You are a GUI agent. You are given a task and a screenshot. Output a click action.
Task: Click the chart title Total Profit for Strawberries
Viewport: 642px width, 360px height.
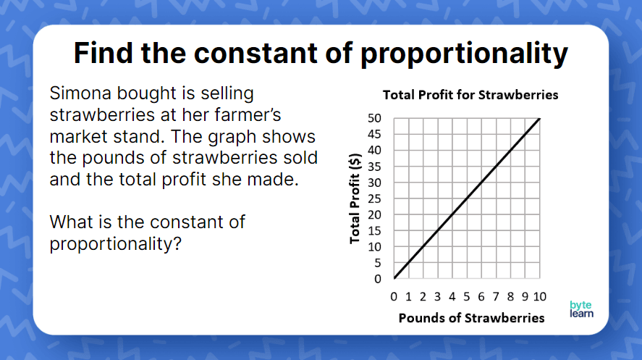[x=470, y=95]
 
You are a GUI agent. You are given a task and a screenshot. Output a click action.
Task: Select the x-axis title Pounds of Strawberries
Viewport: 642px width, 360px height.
[x=471, y=318]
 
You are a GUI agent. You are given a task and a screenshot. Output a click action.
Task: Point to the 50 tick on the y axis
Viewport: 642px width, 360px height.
[x=374, y=118]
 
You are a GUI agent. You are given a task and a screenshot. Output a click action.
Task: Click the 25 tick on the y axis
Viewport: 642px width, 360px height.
[x=374, y=198]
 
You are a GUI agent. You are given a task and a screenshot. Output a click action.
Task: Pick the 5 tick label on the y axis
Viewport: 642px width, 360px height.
[x=378, y=263]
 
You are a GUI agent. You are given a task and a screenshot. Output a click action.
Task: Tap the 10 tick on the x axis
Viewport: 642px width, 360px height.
[x=540, y=296]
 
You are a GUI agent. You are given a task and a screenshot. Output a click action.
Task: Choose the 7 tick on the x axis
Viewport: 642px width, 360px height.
[x=496, y=296]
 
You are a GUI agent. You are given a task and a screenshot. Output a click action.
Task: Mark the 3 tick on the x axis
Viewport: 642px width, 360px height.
[x=437, y=296]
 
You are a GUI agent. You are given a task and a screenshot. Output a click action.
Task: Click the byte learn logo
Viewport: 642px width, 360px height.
[x=580, y=309]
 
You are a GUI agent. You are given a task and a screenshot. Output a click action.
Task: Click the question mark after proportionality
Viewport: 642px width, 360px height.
[x=175, y=244]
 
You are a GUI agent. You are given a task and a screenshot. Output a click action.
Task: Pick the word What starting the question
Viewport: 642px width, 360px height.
[x=71, y=222]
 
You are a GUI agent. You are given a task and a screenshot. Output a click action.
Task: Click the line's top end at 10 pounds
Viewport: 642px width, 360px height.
[x=539, y=118]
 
